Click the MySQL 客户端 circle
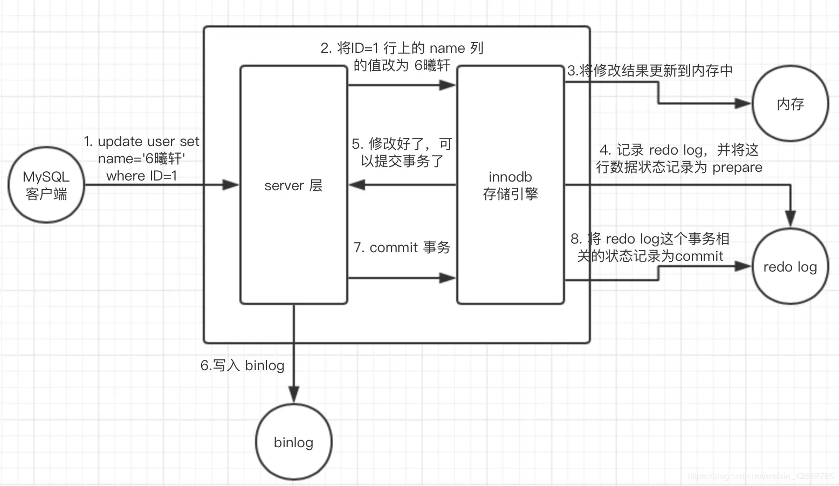pyautogui.click(x=46, y=185)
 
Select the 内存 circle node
pyautogui.click(x=790, y=104)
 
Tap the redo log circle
pyautogui.click(x=790, y=266)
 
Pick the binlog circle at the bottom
pyautogui.click(x=293, y=442)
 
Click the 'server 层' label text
pyautogui.click(x=293, y=185)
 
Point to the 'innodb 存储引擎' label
pyautogui.click(x=510, y=185)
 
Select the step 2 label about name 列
pyautogui.click(x=402, y=57)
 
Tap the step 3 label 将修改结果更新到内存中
pyautogui.click(x=650, y=71)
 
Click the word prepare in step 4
pyautogui.click(x=737, y=167)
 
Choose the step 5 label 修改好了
pyautogui.click(x=402, y=152)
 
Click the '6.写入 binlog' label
pyautogui.click(x=243, y=365)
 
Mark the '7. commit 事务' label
pyautogui.click(x=402, y=247)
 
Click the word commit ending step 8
pyautogui.click(x=699, y=256)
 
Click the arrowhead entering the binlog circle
pyautogui.click(x=293, y=395)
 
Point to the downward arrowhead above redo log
pyautogui.click(x=790, y=219)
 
